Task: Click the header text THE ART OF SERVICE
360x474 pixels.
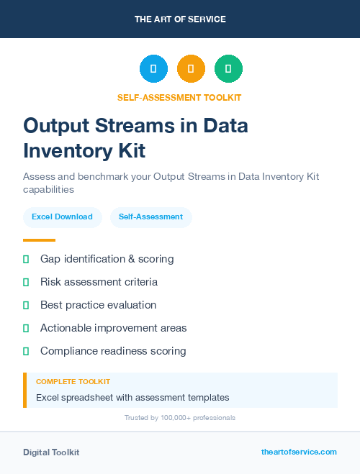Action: tap(180, 19)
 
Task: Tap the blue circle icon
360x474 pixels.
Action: tap(153, 68)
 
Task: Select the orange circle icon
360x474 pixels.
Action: tap(191, 68)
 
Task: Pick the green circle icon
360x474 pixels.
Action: tap(228, 68)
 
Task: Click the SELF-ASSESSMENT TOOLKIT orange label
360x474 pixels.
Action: tap(180, 97)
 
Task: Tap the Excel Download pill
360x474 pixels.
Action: tap(62, 217)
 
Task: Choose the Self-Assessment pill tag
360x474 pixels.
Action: tap(150, 217)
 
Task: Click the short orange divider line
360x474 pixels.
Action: tap(39, 240)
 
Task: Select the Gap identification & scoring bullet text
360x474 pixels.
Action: tap(107, 259)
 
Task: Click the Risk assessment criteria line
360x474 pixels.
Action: tap(99, 282)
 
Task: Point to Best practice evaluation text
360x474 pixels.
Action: tap(98, 305)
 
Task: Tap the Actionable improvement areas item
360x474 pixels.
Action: tap(113, 328)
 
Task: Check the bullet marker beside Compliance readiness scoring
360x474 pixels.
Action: tap(26, 351)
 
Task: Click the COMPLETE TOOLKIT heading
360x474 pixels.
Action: tap(73, 382)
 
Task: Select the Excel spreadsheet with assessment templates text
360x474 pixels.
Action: tap(132, 397)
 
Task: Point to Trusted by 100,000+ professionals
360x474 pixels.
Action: tap(180, 417)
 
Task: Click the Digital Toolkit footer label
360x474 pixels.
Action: tap(51, 452)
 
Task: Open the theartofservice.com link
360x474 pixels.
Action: tap(299, 452)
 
